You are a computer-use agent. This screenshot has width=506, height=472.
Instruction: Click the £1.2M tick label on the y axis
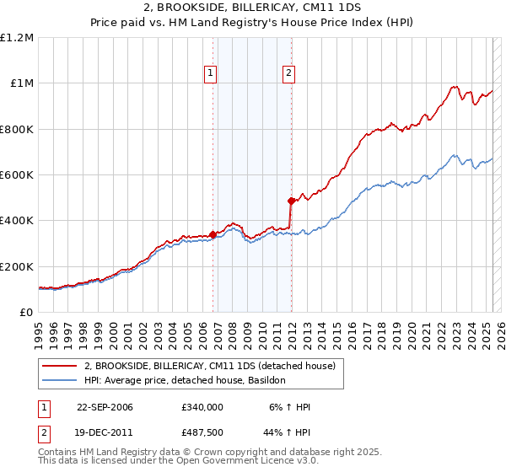click(18, 38)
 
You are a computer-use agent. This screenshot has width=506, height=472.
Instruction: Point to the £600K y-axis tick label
click(16, 175)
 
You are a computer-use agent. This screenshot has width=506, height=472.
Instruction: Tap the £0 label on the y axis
click(25, 313)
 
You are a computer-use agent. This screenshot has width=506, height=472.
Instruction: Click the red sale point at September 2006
click(213, 234)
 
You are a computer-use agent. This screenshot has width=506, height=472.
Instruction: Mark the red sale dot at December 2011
click(291, 201)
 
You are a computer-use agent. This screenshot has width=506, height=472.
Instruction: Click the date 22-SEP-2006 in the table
click(105, 407)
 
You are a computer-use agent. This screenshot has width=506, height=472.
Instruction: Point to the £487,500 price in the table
click(202, 431)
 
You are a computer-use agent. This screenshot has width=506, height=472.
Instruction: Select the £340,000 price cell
click(202, 407)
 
